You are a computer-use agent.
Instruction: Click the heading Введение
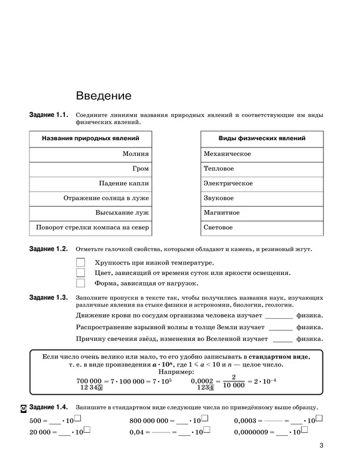pyautogui.click(x=104, y=95)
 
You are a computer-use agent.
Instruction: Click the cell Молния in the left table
pyautogui.click(x=91, y=154)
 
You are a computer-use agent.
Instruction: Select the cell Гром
pyautogui.click(x=91, y=168)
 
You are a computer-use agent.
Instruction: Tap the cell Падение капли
pyautogui.click(x=91, y=183)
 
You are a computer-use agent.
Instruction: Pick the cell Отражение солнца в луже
pyautogui.click(x=91, y=198)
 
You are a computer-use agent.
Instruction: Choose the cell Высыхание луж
pyautogui.click(x=91, y=213)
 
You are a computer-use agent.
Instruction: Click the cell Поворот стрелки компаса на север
pyautogui.click(x=91, y=228)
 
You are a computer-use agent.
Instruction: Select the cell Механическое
pyautogui.click(x=261, y=154)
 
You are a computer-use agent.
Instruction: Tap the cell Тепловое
pyautogui.click(x=261, y=168)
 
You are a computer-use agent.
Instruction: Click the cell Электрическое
pyautogui.click(x=261, y=183)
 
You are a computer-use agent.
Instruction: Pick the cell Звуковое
pyautogui.click(x=261, y=198)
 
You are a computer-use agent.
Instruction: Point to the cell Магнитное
pyautogui.click(x=261, y=213)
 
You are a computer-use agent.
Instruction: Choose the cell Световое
pyautogui.click(x=261, y=228)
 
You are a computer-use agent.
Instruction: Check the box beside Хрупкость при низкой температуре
pyautogui.click(x=80, y=262)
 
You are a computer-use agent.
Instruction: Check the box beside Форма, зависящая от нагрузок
pyautogui.click(x=80, y=283)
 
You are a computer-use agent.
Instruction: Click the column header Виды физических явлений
pyautogui.click(x=261, y=139)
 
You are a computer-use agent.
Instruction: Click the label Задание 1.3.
pyautogui.click(x=48, y=298)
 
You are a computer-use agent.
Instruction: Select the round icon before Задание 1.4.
pyautogui.click(x=23, y=408)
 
